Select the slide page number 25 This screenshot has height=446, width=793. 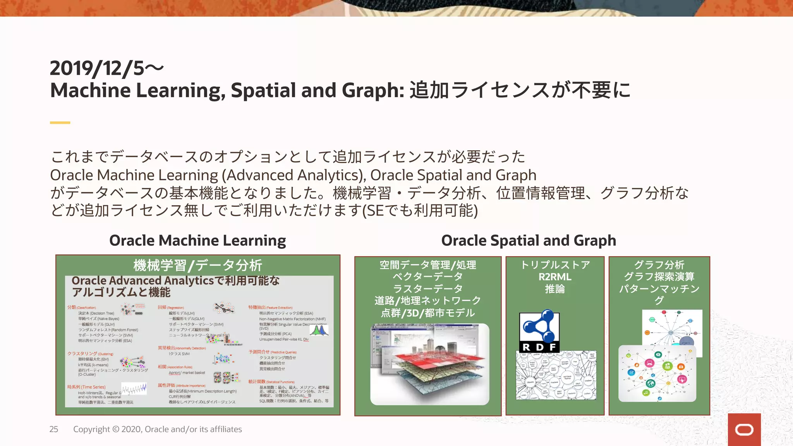point(54,429)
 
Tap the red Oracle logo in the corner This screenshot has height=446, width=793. point(744,430)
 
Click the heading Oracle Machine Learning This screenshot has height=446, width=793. point(197,240)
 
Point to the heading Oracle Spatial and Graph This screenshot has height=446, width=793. point(528,240)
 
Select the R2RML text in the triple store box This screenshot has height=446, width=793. point(554,277)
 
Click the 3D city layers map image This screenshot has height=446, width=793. point(429,364)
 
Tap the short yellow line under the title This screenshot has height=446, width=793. point(60,123)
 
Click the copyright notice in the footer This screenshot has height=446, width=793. point(157,429)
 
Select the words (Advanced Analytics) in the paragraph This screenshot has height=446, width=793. point(294,175)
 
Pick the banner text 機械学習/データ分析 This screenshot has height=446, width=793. point(197,265)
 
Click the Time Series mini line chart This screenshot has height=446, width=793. point(134,388)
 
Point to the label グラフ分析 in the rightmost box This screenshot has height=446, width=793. point(659,265)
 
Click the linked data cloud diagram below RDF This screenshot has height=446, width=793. point(556,375)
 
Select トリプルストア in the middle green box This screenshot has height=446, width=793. point(554,265)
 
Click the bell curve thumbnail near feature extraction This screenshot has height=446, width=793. point(319,330)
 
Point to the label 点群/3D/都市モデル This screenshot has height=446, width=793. point(427,313)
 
